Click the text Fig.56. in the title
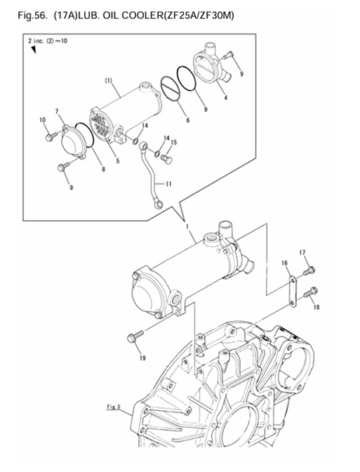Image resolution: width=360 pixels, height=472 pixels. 21,15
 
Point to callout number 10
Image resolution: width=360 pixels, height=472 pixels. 42,120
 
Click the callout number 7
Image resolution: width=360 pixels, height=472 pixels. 59,112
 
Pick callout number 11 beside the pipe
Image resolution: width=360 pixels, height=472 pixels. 170,184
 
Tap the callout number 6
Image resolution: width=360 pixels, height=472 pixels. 187,120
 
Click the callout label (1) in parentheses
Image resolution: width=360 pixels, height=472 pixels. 109,81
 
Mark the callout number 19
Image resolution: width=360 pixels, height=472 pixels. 142,358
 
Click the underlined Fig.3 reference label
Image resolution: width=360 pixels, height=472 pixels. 114,407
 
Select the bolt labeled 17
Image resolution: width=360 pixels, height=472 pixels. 308,269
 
